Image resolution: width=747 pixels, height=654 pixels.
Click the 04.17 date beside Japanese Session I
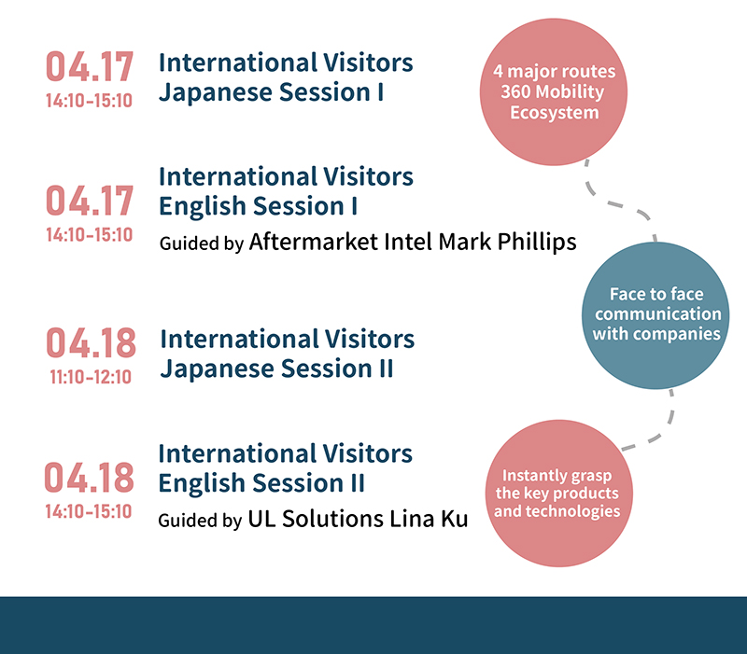[x=90, y=67]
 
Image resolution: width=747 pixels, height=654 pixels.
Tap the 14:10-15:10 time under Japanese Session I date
[x=90, y=100]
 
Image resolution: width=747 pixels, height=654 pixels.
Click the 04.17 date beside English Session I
[x=90, y=201]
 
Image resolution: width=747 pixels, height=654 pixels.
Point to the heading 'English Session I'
[x=259, y=205]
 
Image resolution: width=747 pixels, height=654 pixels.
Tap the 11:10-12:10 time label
[x=90, y=377]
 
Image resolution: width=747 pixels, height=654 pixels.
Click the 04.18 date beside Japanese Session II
[x=91, y=342]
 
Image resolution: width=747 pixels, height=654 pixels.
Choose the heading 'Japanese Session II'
[x=276, y=369]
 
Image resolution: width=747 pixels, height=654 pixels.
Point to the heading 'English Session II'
[x=261, y=483]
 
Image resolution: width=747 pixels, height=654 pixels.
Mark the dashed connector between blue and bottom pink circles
[x=654, y=424]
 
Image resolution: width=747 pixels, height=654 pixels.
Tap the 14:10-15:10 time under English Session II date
[x=90, y=511]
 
